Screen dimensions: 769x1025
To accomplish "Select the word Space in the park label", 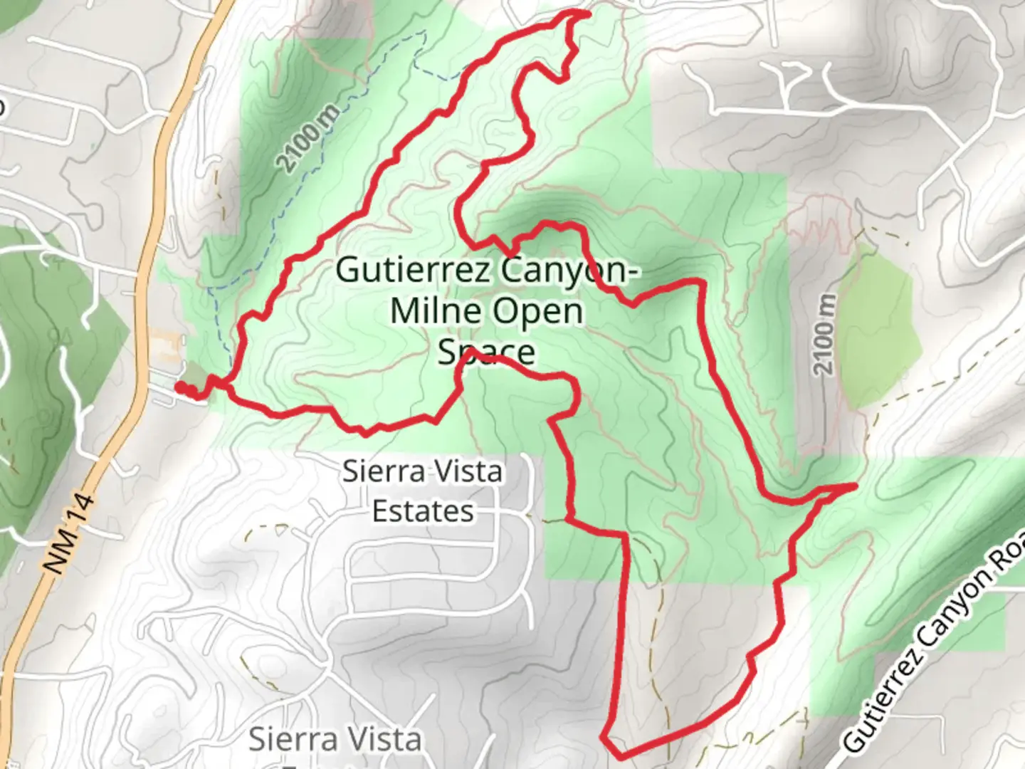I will click(486, 351).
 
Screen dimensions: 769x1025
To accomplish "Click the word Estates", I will click(423, 511).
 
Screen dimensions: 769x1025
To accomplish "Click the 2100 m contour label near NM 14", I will click(306, 143).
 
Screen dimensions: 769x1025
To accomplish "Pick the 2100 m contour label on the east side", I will click(824, 335).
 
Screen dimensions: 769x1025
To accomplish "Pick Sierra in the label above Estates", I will click(384, 471).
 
